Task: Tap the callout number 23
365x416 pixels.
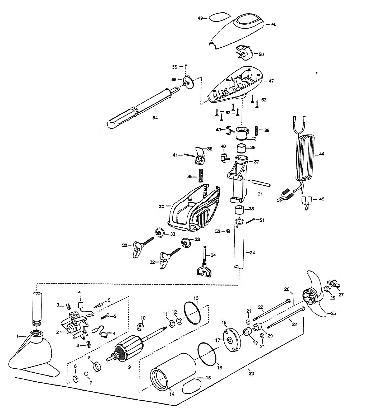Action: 251,373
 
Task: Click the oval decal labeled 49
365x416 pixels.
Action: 218,18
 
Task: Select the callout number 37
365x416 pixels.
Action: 256,162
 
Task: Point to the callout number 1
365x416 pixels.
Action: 17,336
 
